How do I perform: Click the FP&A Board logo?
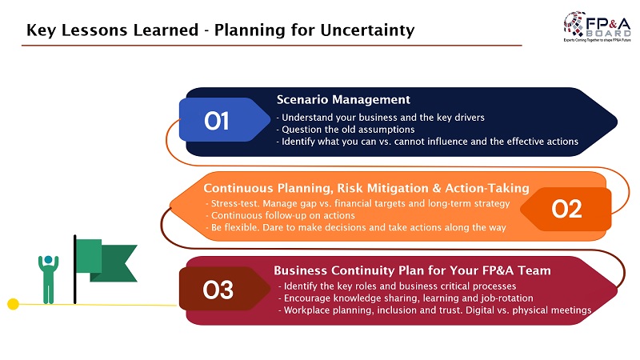tap(597, 26)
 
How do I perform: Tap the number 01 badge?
tap(225, 119)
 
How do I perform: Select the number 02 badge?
tap(566, 209)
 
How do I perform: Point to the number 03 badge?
tap(225, 289)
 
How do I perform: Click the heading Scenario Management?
tap(343, 99)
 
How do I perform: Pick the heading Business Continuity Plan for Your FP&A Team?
tap(412, 270)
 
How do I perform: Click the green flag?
tap(106, 261)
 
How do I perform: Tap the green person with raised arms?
tap(48, 279)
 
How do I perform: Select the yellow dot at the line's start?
tap(13, 304)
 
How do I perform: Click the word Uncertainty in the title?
tap(367, 30)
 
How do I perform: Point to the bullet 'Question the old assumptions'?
tap(346, 130)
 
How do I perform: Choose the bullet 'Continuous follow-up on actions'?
tap(281, 215)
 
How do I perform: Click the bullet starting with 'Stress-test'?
tap(358, 203)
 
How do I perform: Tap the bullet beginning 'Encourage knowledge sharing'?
tap(406, 298)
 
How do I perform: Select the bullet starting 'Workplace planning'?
tap(434, 310)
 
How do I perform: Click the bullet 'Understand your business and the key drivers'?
tap(381, 118)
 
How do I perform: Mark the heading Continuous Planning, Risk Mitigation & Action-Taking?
tap(366, 188)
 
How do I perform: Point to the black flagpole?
tap(74, 270)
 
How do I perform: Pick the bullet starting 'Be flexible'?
tap(356, 227)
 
